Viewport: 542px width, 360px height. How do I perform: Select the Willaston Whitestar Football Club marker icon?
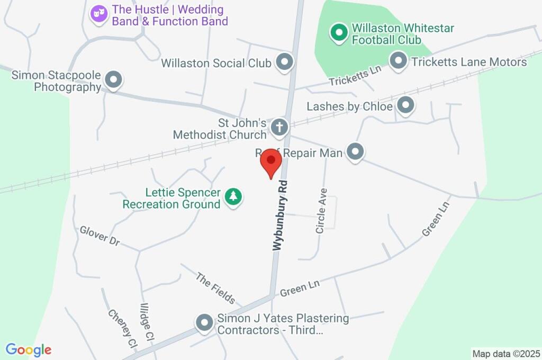coord(338,33)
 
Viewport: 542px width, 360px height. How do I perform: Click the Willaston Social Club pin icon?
coord(285,62)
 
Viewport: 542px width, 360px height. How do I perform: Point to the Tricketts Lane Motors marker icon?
coord(398,61)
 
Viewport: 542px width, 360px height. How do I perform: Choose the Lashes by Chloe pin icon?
coord(405,105)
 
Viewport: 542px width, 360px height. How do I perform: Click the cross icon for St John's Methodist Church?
coord(279,127)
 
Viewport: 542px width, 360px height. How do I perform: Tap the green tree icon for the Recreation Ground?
coord(233,197)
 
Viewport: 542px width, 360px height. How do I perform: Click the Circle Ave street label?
coord(321,211)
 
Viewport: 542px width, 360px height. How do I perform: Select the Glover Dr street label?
coord(100,236)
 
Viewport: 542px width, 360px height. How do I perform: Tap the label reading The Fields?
coord(215,288)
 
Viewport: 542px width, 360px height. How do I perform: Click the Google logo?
coord(29,350)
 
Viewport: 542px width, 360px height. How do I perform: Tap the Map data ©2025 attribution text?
coord(507,354)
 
